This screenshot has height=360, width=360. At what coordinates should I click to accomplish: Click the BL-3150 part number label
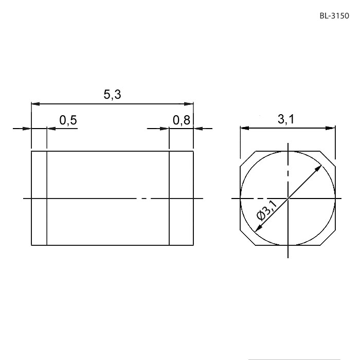click(x=334, y=16)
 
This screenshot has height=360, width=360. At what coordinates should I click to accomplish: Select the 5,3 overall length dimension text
click(x=112, y=94)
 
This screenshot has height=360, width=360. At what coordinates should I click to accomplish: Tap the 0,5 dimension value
click(x=68, y=120)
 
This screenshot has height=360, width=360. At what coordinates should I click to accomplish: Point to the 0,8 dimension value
click(x=182, y=120)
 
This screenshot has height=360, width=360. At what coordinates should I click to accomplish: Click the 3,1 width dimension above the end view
click(x=286, y=119)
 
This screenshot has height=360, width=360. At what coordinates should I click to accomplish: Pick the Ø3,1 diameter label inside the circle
click(x=267, y=210)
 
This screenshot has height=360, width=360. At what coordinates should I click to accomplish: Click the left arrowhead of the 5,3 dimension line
click(x=35, y=104)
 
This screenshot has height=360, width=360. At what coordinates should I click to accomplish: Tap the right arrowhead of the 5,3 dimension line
click(x=189, y=104)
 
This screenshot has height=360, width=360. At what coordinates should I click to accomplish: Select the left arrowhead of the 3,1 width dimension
click(x=245, y=128)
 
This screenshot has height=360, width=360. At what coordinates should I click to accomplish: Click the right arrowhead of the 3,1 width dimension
click(x=331, y=128)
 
